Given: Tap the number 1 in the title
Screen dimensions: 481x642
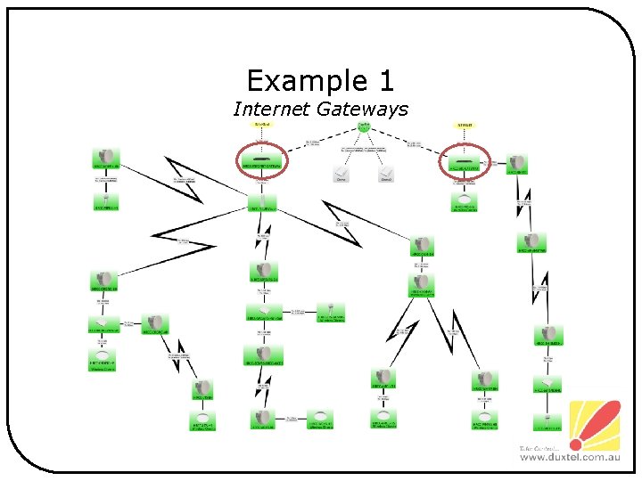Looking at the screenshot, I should (384, 81).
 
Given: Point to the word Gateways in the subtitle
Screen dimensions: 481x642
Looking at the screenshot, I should (366, 109).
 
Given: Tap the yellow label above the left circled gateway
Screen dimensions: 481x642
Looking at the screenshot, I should (261, 125).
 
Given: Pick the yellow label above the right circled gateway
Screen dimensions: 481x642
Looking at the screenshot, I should (465, 126).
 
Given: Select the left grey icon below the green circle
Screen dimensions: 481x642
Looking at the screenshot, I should (340, 173).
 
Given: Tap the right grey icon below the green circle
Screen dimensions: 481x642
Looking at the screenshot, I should (385, 173).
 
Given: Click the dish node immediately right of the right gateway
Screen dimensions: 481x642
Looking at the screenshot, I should (518, 163).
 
